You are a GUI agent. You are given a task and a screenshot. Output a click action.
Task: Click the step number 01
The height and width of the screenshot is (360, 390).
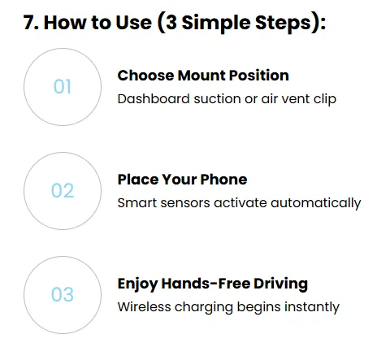point(63,87)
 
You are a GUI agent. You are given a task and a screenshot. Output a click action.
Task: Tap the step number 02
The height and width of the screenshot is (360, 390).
point(63,190)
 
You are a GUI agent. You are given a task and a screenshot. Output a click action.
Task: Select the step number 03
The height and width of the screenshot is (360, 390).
point(63,294)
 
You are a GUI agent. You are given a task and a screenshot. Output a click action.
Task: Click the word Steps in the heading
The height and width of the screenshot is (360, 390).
point(283,23)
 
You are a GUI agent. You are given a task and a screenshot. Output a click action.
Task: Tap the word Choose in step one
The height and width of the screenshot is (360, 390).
point(145,76)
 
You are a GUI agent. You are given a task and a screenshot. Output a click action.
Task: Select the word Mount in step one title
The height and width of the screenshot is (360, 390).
point(201,76)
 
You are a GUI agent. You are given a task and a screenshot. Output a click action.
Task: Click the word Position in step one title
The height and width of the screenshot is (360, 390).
point(259,76)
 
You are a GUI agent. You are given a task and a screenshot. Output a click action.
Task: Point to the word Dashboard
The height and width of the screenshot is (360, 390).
point(154,98)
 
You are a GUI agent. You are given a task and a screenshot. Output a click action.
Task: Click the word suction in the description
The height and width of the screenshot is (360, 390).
point(217,99)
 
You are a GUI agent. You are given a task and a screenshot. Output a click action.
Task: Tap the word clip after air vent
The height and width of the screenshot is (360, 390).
point(325,99)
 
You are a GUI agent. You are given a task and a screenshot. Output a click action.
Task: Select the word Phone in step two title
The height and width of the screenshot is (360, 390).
point(223,180)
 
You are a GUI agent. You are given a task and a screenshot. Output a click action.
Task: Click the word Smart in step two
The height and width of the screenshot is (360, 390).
point(136,203)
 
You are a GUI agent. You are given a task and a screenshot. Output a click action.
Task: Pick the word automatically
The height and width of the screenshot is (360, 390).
point(315,203)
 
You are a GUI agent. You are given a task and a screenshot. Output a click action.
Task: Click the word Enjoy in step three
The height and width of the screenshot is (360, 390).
point(137,284)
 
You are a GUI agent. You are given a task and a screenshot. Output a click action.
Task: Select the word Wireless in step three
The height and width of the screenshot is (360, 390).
point(145,307)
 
